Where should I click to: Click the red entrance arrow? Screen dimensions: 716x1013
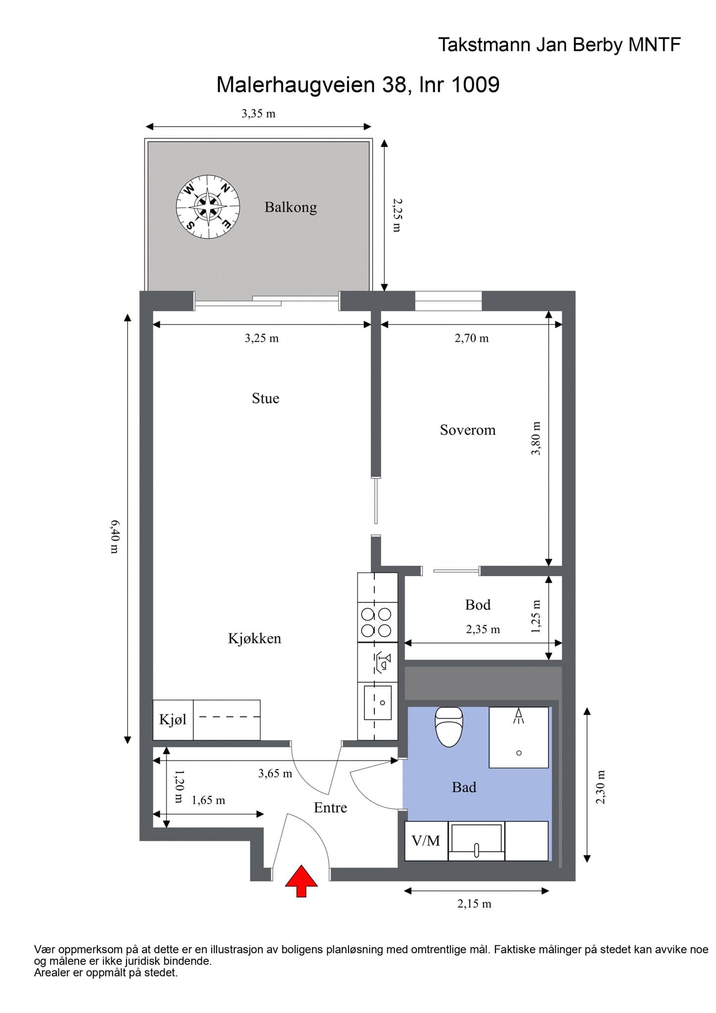[x=301, y=881]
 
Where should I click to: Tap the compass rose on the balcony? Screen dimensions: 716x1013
[x=208, y=207]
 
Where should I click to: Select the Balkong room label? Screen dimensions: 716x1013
[x=291, y=207]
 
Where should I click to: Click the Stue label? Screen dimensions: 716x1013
[x=266, y=398]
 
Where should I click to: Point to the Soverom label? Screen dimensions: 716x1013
[x=468, y=430]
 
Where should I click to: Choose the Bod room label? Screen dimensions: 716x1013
[x=478, y=604]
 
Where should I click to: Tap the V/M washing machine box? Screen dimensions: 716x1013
[x=426, y=841]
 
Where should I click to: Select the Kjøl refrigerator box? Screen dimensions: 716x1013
[x=173, y=720]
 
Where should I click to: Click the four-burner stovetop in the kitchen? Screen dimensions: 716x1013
[x=377, y=622]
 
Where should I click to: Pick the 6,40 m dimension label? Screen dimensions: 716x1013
[x=114, y=536]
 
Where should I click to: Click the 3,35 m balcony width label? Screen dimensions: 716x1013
[x=259, y=113]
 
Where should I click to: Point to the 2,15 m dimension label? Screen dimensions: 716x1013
[x=474, y=904]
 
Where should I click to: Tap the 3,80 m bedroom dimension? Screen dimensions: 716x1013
[x=536, y=438]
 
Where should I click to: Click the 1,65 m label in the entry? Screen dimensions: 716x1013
[x=209, y=800]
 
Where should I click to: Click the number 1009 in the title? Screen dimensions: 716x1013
[x=476, y=85]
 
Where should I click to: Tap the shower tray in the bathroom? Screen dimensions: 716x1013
[x=519, y=737]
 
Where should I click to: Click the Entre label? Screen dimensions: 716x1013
[x=330, y=807]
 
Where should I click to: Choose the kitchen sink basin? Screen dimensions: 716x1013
[x=378, y=702]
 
